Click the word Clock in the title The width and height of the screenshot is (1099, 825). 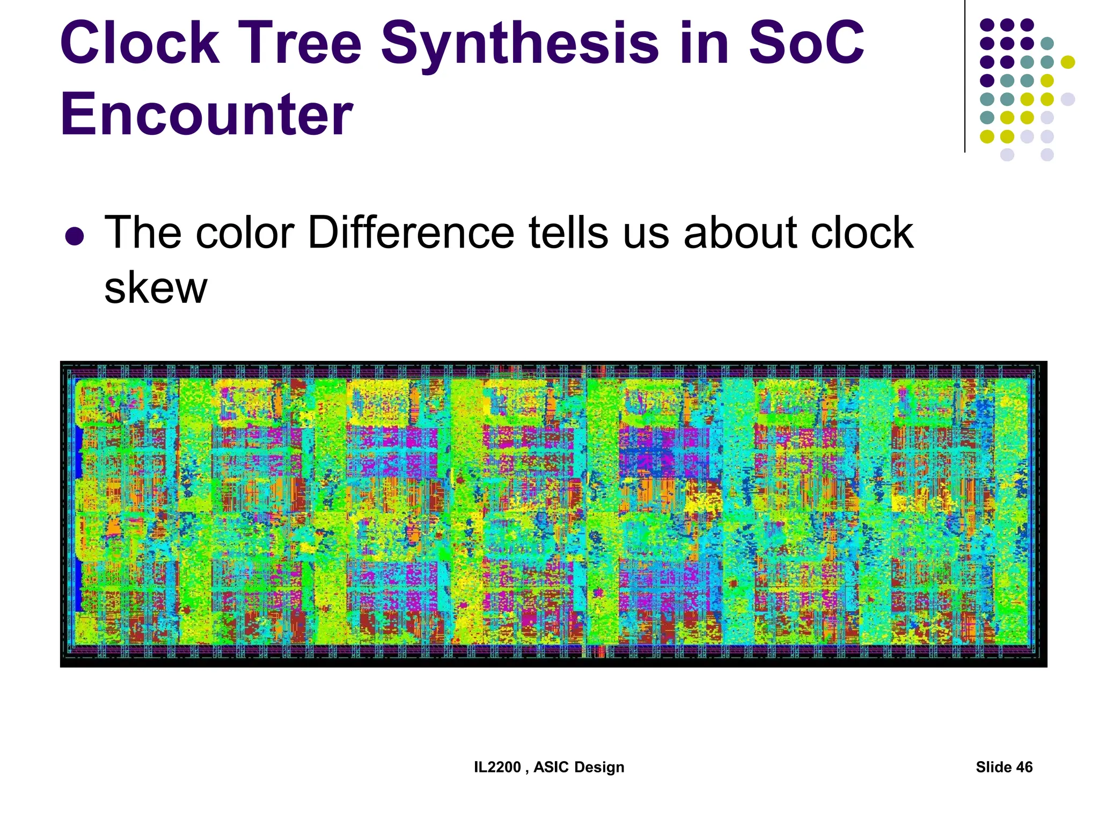(140, 43)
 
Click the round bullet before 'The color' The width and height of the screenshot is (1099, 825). (74, 236)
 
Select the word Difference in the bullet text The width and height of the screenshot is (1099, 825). (411, 233)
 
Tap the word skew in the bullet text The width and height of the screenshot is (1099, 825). (156, 288)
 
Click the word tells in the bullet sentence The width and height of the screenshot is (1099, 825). (569, 233)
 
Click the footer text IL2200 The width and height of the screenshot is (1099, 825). (497, 767)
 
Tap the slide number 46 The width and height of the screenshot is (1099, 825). (1024, 767)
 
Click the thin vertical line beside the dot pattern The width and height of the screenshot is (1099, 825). (965, 75)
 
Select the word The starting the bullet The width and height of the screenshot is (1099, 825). (143, 233)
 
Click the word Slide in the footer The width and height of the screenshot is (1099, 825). (993, 767)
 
